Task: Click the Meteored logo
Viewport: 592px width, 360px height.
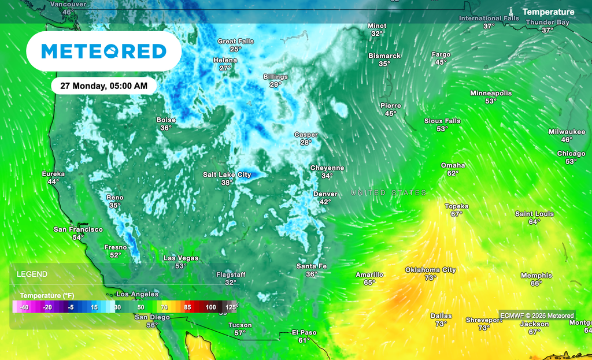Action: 104,51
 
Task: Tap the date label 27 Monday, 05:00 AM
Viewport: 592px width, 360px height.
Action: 104,86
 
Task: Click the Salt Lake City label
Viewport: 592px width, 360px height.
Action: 227,175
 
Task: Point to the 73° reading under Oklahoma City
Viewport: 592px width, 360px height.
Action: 431,278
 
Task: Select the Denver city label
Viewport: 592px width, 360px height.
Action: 325,194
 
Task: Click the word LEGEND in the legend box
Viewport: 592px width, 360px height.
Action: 32,274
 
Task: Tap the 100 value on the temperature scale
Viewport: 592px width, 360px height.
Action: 210,307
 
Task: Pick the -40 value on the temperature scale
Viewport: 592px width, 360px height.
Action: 24,307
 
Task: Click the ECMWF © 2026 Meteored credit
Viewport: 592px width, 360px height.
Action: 537,316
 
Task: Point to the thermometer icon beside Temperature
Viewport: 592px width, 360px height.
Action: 512,12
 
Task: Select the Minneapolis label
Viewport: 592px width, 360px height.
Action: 491,93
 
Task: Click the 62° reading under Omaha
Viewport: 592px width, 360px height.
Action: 453,173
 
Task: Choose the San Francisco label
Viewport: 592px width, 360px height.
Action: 78,229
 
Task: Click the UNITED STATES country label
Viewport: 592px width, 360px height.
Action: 389,192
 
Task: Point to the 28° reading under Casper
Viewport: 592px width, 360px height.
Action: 306,142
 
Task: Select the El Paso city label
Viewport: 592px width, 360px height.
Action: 305,332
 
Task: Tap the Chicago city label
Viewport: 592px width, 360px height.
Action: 571,154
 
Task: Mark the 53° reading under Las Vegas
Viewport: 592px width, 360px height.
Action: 181,266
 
